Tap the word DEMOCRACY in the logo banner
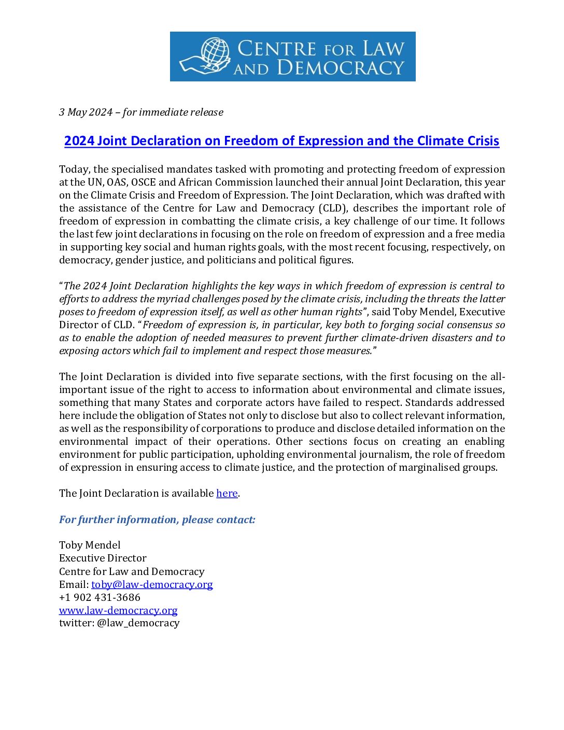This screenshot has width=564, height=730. tap(341, 68)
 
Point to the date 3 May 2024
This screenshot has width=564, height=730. tap(86, 113)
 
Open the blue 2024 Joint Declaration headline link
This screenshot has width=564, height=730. tap(281, 141)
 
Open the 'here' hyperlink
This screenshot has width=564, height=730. tap(227, 494)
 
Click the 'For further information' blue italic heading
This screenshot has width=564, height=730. tap(157, 520)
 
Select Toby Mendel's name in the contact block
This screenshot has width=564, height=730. tap(90, 545)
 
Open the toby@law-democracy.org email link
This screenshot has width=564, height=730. tap(152, 585)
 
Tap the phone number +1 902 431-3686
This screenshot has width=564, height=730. tap(100, 598)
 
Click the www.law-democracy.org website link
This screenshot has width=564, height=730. tap(118, 611)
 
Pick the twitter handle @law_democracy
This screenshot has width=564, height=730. tap(138, 623)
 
